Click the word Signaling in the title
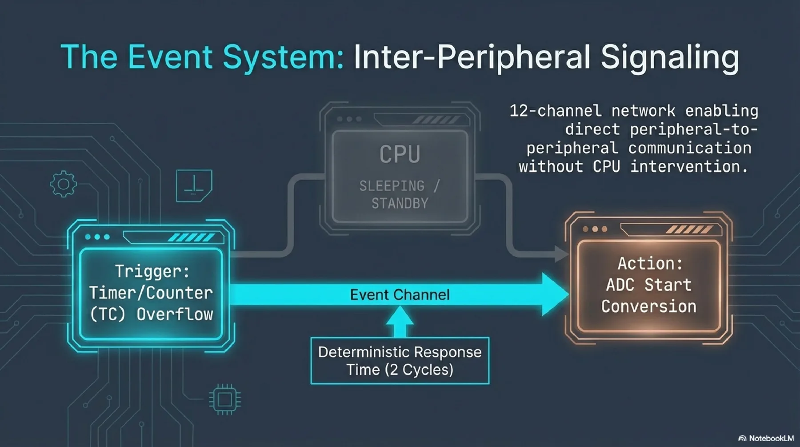coord(670,58)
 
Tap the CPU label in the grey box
coord(400,154)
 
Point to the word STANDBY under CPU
coord(400,204)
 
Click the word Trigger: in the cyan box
coord(152,271)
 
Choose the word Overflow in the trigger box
coord(175,314)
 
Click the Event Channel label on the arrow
coord(400,294)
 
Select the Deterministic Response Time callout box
coord(400,361)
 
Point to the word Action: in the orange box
coord(650,263)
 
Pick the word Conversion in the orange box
coord(648,306)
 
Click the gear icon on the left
coord(63,184)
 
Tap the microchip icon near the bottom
coord(225,399)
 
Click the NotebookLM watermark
coord(766,439)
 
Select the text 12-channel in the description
coord(555,110)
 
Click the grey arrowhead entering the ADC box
coord(561,254)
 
